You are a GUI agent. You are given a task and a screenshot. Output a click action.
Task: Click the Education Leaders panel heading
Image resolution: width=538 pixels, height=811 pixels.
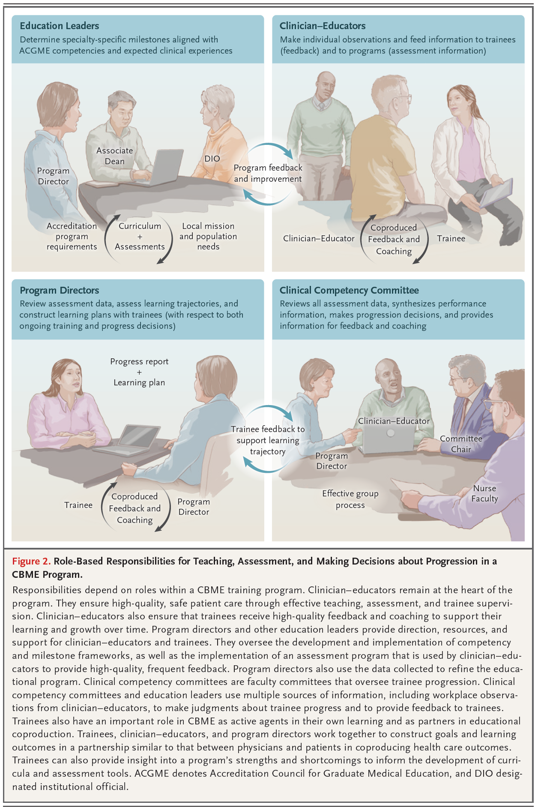(x=60, y=26)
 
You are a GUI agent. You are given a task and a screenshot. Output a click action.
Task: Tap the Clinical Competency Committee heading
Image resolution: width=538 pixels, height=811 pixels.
(x=349, y=290)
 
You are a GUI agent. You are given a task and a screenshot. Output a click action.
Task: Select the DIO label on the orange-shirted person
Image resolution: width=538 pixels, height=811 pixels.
(x=212, y=159)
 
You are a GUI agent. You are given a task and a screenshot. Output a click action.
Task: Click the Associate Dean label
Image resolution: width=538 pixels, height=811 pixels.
(x=114, y=156)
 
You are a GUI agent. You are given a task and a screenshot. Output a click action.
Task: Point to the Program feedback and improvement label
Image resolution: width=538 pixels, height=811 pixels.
(x=268, y=173)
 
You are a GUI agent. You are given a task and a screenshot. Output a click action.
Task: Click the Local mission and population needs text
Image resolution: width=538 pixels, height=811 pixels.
(x=208, y=236)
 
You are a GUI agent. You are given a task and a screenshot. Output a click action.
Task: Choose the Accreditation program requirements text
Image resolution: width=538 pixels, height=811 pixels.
(x=72, y=236)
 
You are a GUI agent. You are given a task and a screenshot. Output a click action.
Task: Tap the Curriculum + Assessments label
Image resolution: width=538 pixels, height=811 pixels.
(x=140, y=236)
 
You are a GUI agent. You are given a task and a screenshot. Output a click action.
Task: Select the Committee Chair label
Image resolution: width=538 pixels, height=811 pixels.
(x=461, y=444)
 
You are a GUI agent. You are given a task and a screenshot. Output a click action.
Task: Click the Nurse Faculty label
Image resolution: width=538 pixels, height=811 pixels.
(x=484, y=493)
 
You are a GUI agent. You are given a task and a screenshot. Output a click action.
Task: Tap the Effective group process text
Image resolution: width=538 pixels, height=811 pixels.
(x=350, y=499)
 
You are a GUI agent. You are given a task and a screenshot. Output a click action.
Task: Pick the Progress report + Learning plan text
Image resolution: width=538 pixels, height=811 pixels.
(x=139, y=372)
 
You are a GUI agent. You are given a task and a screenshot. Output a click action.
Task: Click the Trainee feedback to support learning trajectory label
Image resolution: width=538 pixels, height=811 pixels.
(x=268, y=440)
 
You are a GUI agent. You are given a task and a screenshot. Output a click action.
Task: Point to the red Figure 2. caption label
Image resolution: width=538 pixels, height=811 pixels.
(x=31, y=561)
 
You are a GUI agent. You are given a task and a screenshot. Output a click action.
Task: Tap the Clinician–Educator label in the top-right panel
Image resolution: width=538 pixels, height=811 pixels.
(x=319, y=238)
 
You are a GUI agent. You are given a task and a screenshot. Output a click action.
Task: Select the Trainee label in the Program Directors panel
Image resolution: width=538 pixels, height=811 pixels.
(x=78, y=505)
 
